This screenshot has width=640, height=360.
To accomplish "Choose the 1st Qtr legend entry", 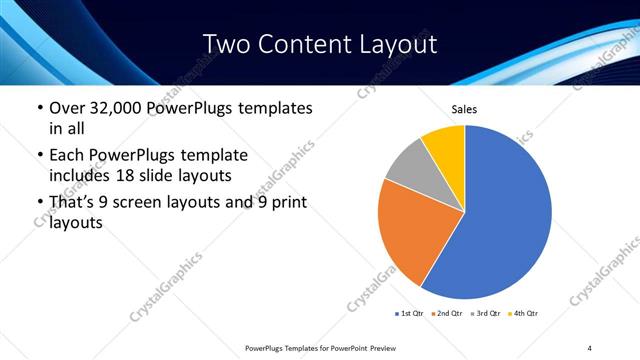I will (x=411, y=314).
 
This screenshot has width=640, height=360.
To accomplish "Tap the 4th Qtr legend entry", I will (x=525, y=314).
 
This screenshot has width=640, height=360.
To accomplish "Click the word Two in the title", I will (x=229, y=44).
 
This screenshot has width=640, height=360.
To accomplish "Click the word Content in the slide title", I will (x=300, y=44).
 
